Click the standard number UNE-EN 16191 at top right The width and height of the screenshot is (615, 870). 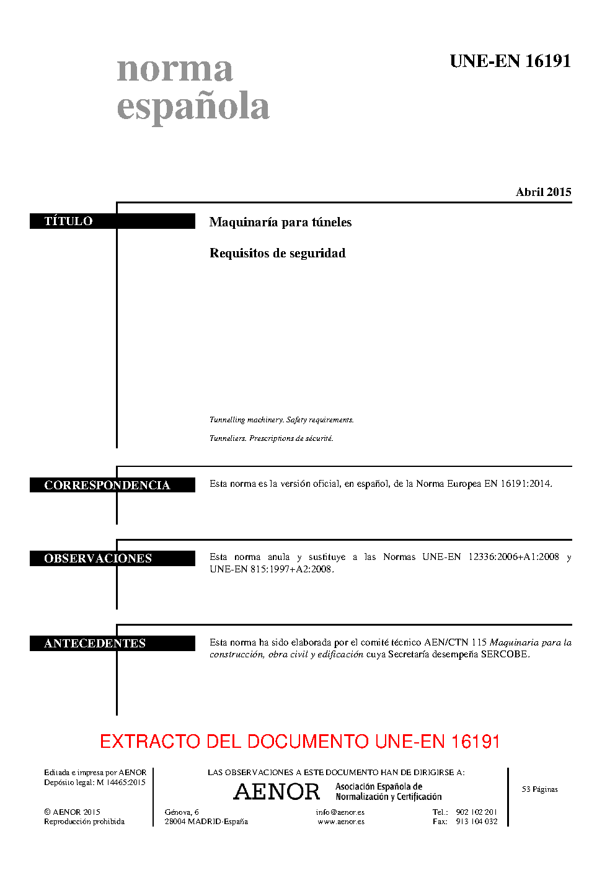point(510,61)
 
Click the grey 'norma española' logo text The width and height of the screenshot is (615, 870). point(193,91)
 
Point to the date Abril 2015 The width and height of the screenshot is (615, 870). point(543,192)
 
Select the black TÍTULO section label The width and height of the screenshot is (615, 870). point(112,221)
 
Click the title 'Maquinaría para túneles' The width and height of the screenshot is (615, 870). point(280,222)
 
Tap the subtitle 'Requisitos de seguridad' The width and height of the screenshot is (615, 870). point(278,253)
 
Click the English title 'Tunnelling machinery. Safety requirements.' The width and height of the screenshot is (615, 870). point(281,420)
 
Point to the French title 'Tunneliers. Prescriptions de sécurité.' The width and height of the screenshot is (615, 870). point(272,438)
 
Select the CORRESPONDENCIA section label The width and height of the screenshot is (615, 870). point(112,485)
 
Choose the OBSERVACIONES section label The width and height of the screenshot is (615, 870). point(112,558)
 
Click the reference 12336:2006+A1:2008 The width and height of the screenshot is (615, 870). point(514,557)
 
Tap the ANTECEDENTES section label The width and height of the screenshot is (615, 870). point(112,643)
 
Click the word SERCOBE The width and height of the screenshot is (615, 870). point(505,654)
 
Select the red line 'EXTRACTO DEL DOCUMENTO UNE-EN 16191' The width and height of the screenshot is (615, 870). point(299,742)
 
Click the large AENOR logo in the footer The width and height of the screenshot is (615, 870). point(277,791)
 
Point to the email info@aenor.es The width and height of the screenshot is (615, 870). point(340,812)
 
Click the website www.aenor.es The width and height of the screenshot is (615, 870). point(341,822)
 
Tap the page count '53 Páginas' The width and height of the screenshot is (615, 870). point(540,789)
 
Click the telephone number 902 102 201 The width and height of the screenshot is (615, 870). point(476,812)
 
